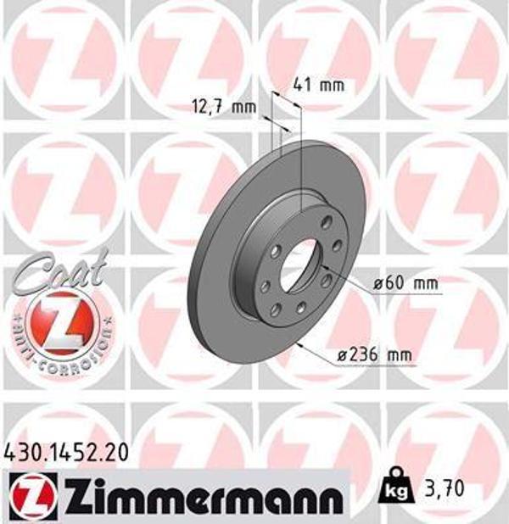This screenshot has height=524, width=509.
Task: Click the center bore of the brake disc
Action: pos(298,264)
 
